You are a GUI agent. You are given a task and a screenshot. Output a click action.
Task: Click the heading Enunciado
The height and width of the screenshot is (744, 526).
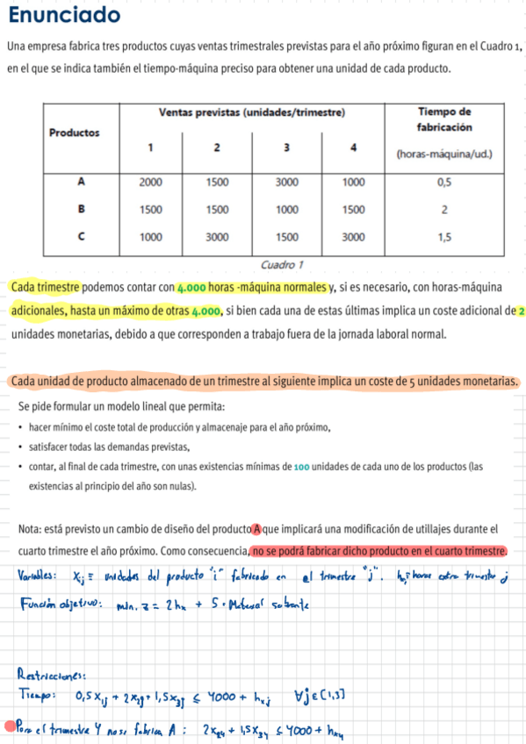pos(63,17)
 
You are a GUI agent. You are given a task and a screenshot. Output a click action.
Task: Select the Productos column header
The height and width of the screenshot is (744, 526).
pos(74,132)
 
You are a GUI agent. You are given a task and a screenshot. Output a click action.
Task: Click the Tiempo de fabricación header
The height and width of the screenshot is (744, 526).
pos(444,119)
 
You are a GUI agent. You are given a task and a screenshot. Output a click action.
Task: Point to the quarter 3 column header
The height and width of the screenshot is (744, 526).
pos(285,147)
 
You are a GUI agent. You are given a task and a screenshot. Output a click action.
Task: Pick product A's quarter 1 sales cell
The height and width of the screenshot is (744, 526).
pos(151,182)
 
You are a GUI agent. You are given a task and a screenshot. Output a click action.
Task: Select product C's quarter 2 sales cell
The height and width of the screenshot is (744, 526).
pos(218,237)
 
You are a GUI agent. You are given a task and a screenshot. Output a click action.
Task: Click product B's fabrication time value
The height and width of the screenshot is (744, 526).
pos(444,210)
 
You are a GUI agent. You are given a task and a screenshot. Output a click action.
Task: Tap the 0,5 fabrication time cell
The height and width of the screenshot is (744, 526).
pos(444,182)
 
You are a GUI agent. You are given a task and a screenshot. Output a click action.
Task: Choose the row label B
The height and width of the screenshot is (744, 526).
pos(81,210)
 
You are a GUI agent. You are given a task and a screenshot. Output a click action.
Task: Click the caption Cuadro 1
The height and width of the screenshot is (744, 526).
pos(282,264)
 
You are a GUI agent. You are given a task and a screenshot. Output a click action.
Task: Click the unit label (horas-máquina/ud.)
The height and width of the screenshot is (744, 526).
pos(444,154)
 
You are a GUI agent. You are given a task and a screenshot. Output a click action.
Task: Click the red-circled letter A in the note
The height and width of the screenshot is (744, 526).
pos(257,529)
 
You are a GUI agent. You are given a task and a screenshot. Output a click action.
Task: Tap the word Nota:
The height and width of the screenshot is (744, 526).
pos(33,529)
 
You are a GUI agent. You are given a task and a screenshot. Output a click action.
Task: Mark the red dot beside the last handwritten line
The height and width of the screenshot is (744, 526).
pos(10,726)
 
